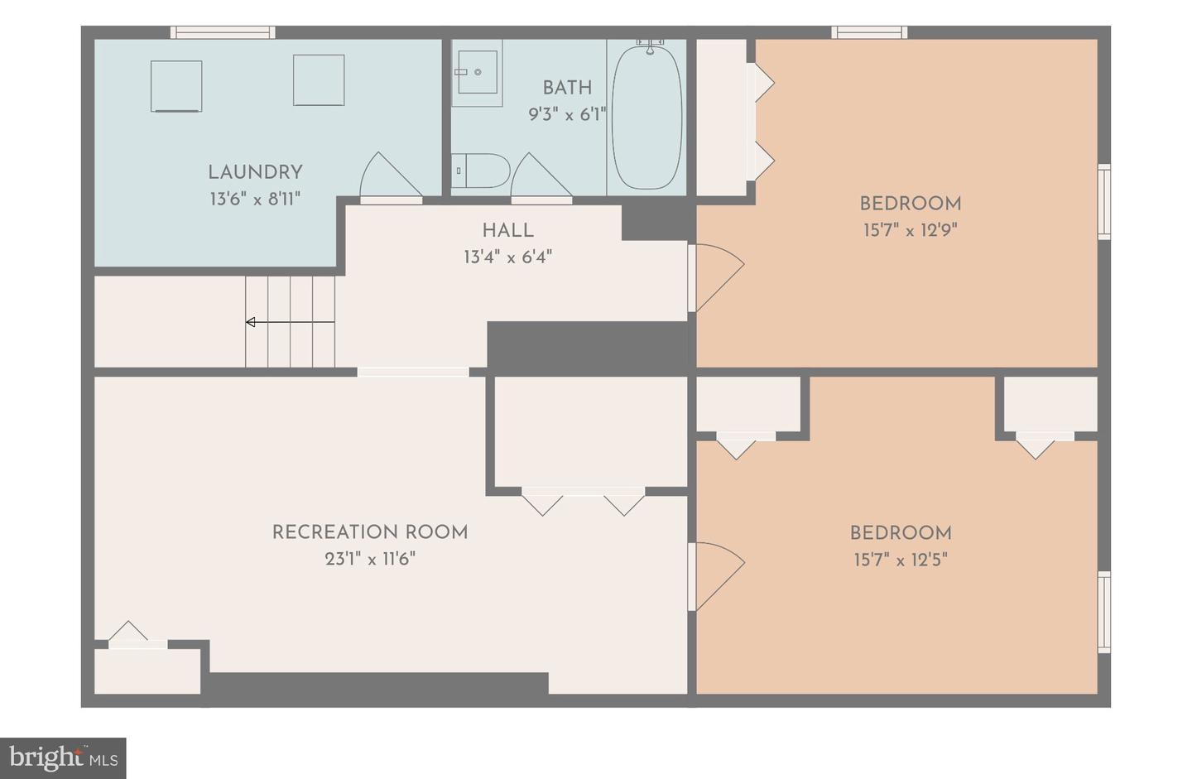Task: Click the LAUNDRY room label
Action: coord(255,172)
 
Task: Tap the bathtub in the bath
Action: coord(646,117)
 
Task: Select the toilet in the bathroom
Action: coord(480,171)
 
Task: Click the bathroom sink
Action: coord(478,72)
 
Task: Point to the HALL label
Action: coord(508,231)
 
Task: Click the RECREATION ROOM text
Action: coord(370,532)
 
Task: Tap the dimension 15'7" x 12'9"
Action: coord(910,230)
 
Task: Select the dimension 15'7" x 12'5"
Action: coord(901,560)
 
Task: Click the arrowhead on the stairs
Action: coord(251,322)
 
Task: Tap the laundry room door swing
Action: coord(391,176)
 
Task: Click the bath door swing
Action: coord(541,176)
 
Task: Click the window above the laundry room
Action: coord(223,32)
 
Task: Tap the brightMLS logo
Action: coord(63,758)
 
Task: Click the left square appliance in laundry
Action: coord(176,86)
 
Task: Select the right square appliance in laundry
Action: coord(319,79)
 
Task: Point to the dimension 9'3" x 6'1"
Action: coord(567,114)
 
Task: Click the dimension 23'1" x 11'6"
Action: coord(370,560)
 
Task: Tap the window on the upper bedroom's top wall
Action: coord(869,32)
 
